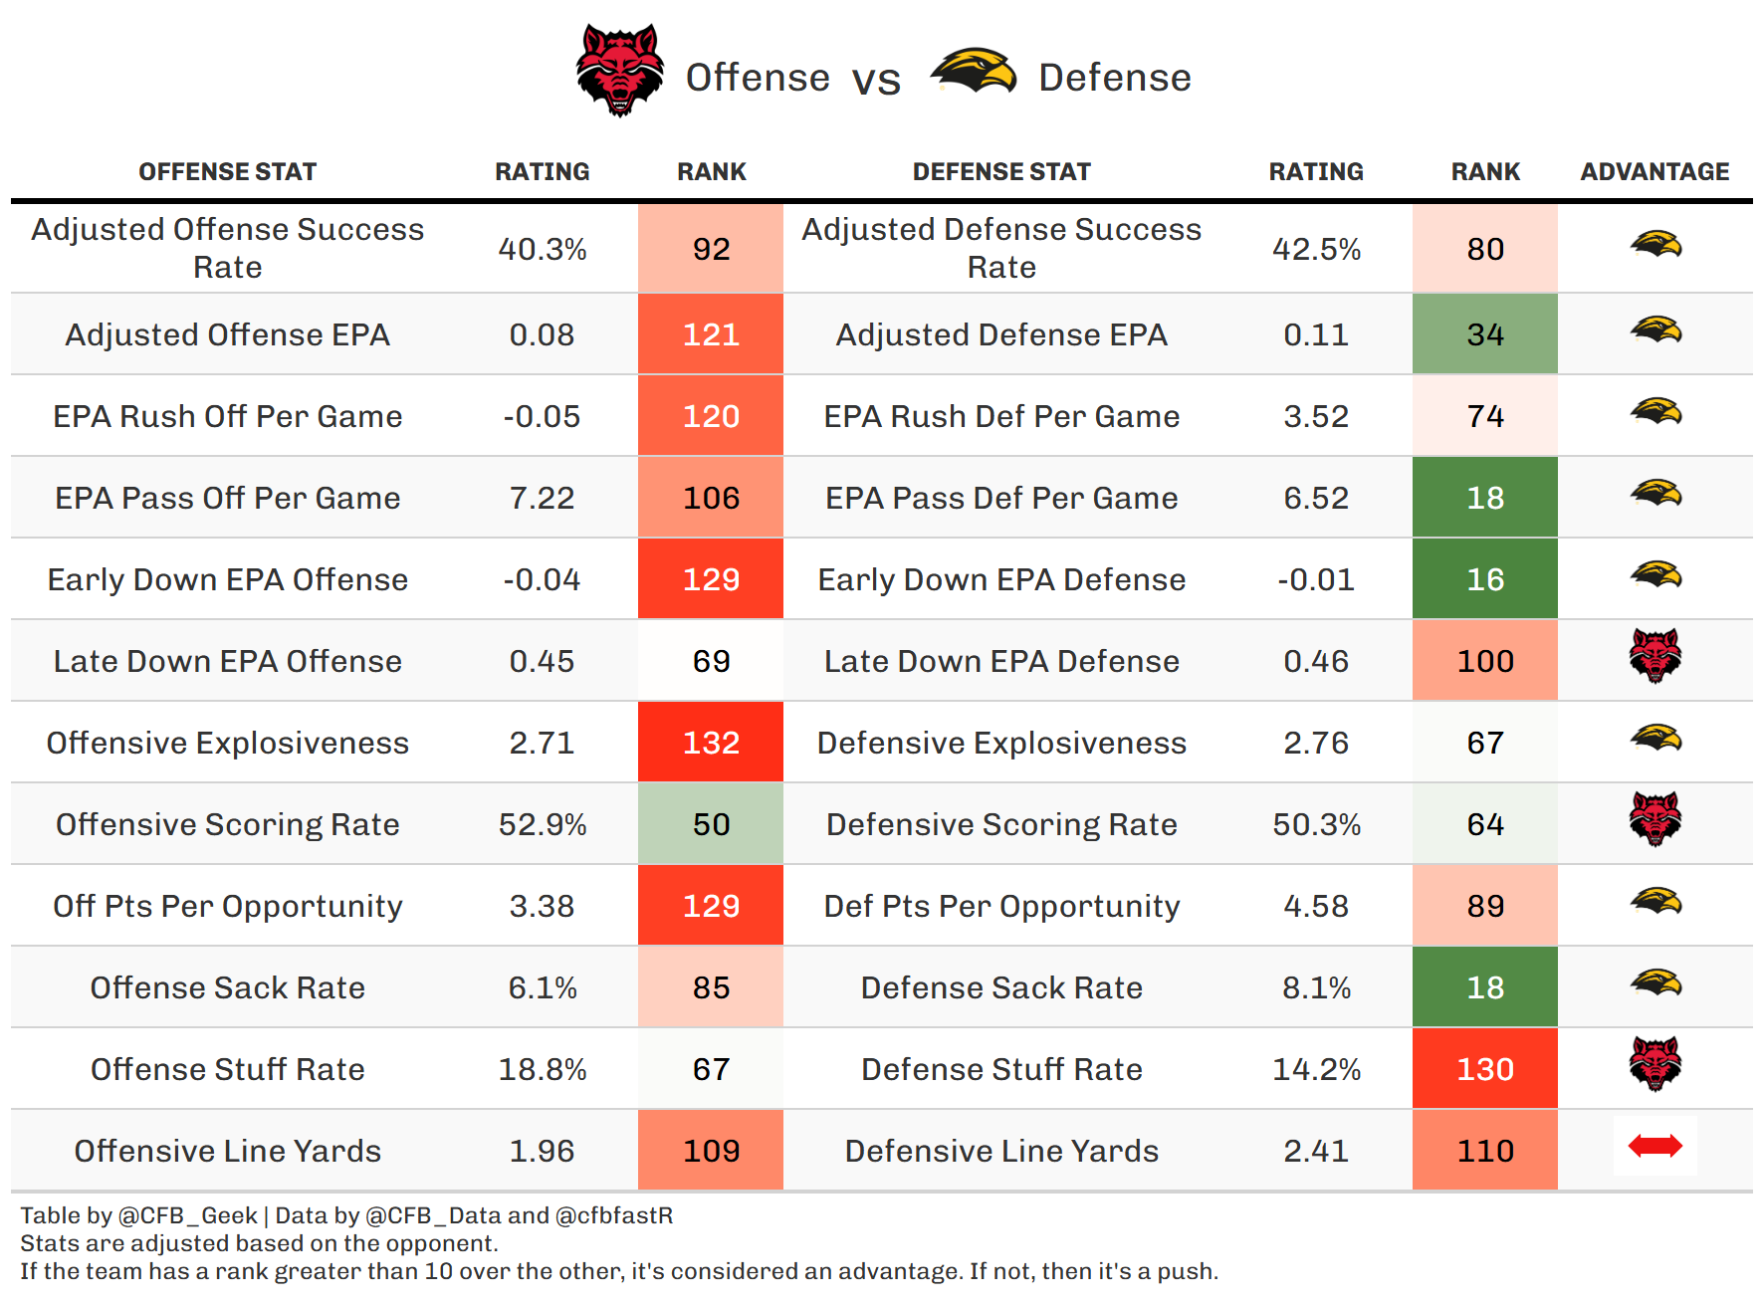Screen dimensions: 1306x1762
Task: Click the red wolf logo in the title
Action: [x=620, y=71]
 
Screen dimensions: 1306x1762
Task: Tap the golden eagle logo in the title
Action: [x=973, y=72]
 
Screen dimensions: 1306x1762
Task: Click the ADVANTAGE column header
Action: [x=1654, y=171]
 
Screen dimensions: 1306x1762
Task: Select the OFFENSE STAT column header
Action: [x=227, y=171]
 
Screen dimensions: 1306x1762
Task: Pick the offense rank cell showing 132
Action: [x=711, y=743]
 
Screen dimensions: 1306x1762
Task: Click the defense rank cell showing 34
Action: [x=1484, y=334]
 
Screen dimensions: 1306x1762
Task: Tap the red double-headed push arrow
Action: [x=1654, y=1147]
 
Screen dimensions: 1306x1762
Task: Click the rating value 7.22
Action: [x=542, y=498]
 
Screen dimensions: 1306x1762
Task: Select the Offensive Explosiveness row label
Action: [x=227, y=743]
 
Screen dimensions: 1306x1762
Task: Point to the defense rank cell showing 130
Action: [x=1484, y=1069]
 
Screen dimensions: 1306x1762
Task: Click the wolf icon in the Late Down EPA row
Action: [x=1654, y=656]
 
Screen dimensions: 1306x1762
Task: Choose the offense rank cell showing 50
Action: [x=711, y=824]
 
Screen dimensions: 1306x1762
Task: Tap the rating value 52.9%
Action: [x=542, y=824]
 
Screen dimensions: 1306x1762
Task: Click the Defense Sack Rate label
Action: [x=1001, y=987]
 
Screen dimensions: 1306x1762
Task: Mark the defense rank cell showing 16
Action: [x=1484, y=579]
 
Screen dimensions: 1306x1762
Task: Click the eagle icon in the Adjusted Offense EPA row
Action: [x=1654, y=329]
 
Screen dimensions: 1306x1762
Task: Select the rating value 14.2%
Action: [x=1316, y=1069]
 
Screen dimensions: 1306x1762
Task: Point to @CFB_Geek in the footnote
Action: [x=187, y=1215]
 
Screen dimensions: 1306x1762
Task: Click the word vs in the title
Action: [x=876, y=80]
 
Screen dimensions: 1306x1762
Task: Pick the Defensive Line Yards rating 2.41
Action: [x=1316, y=1151]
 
